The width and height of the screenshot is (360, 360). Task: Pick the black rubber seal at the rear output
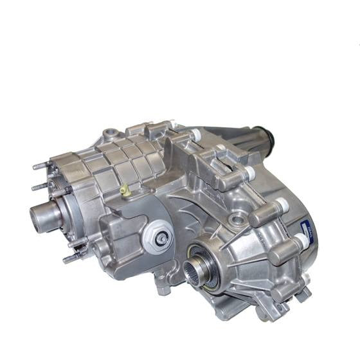268,136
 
